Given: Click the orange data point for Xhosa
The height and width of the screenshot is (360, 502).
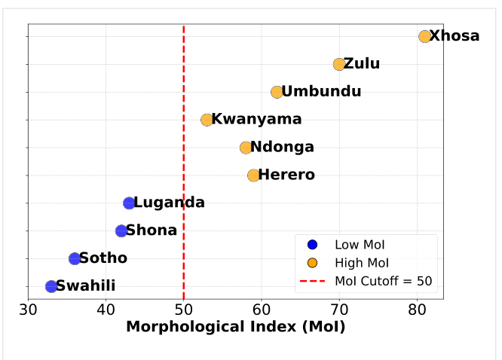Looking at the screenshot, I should (425, 36).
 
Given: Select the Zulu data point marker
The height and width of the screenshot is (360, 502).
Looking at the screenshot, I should (339, 64).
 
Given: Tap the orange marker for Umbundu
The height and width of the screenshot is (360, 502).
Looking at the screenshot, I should (277, 92).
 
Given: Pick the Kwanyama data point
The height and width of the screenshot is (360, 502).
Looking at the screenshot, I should (207, 120).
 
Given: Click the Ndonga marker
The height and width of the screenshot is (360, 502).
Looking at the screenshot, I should (246, 148).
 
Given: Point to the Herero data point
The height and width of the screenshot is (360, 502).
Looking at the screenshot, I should (253, 175).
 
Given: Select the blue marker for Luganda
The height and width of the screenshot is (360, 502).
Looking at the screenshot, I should (129, 203).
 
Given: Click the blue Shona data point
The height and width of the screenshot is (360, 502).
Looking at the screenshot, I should (121, 230).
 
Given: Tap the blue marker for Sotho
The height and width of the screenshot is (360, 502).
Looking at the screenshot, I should (75, 258).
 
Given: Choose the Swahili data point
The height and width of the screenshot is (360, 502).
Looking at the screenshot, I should (51, 286).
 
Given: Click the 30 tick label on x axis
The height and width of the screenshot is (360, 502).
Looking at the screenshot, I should (28, 310).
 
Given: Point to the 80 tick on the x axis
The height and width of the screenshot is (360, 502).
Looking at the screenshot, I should (417, 310).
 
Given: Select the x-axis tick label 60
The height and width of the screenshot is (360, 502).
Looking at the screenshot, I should (262, 310).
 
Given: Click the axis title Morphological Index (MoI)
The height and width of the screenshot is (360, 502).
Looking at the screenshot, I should (235, 328).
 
